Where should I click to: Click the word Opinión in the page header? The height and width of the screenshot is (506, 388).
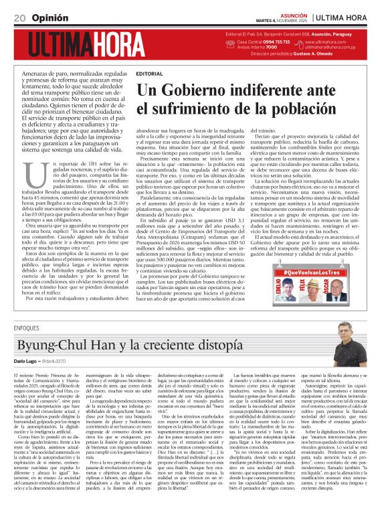point(48,17)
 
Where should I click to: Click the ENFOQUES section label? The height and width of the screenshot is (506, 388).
point(26,328)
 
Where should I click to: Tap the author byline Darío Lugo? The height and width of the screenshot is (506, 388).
point(26,362)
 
